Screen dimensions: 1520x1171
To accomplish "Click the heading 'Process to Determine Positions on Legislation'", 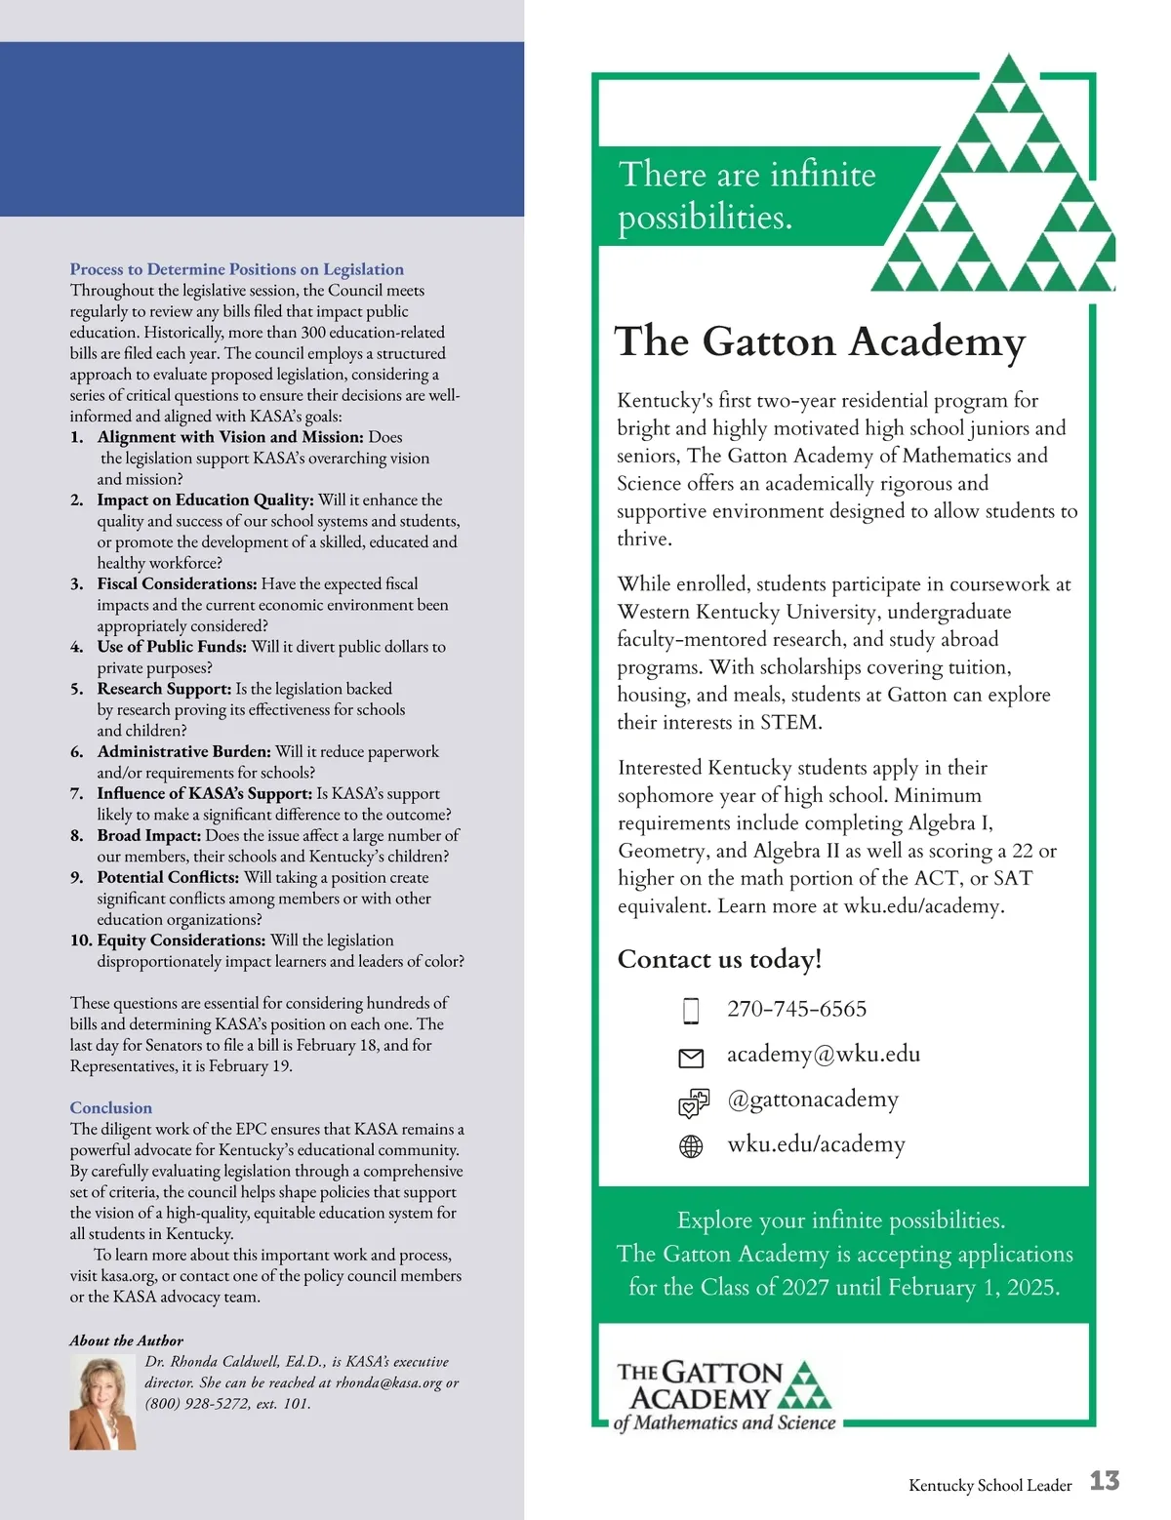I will [236, 269].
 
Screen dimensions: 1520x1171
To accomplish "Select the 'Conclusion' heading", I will [110, 1107].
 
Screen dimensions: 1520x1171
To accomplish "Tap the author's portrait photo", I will [102, 1403].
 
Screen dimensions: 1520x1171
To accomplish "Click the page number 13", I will [1104, 1481].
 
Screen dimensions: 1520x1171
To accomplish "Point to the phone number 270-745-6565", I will [796, 1009].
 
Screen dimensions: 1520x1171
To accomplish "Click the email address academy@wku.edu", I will [823, 1054].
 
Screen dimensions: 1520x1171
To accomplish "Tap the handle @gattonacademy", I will [812, 1099].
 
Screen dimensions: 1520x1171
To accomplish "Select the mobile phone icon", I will [691, 1011].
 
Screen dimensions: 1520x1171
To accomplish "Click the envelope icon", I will [691, 1058].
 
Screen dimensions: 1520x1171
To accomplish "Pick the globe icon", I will [691, 1146].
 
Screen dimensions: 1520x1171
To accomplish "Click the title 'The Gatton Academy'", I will [819, 341].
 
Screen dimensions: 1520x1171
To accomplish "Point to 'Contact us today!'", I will [719, 959].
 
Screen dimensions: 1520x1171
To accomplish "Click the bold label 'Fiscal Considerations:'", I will [177, 583].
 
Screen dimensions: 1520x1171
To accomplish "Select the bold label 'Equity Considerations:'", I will [181, 940].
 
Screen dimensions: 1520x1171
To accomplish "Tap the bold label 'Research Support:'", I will [164, 689].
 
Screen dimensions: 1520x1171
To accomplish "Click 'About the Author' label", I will [126, 1340].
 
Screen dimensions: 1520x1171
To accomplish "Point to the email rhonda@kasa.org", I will [388, 1382].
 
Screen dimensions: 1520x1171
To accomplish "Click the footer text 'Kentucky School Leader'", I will [989, 1485].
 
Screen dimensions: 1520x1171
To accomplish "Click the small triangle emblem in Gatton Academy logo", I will [806, 1386].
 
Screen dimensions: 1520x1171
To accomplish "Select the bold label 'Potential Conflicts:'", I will [168, 877].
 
